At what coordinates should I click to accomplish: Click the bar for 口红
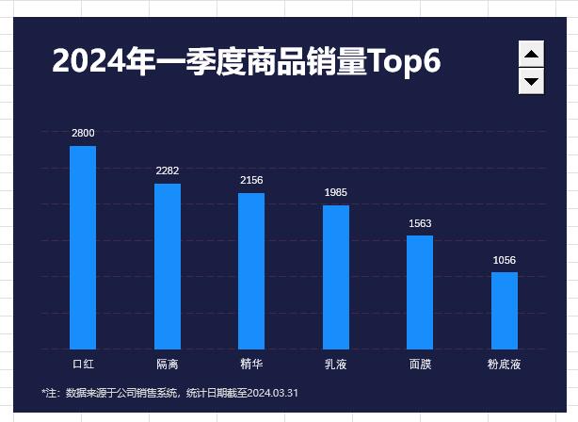(83, 247)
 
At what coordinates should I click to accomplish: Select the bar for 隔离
(168, 266)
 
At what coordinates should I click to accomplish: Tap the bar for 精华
(251, 270)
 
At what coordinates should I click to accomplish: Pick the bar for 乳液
(336, 277)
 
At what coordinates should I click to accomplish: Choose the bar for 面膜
(420, 292)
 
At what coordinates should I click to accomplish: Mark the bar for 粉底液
(505, 310)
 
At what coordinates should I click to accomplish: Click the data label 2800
(83, 133)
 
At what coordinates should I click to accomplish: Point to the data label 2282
(168, 170)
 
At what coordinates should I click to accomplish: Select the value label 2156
(251, 180)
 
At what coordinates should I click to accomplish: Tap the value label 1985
(336, 192)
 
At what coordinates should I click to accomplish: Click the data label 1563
(420, 223)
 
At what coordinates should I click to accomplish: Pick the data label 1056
(505, 260)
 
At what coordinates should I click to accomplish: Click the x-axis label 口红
(83, 364)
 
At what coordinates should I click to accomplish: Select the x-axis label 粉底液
(505, 364)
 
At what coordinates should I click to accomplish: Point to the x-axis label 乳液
(336, 364)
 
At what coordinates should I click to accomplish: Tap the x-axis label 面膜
(420, 364)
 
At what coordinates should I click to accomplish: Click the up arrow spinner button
(532, 55)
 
